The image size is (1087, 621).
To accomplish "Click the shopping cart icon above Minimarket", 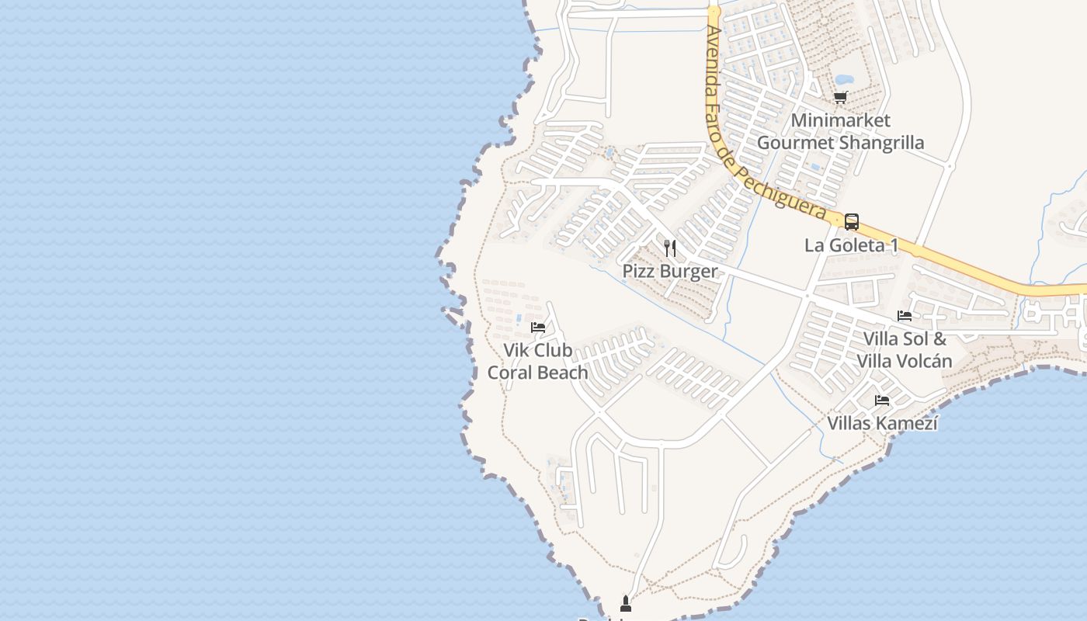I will coord(840,98).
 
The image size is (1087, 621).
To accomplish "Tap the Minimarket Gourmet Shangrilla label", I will coord(840,131).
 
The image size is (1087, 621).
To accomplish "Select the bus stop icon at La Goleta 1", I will coord(852,222).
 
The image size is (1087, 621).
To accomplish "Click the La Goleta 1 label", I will coord(851,245).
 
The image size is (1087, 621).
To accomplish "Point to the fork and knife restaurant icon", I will coord(670,248).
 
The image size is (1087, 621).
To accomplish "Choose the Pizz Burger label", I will coord(670,271).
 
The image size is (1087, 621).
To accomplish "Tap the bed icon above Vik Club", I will coord(537,328).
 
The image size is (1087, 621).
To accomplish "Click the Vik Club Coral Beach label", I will coord(537,362).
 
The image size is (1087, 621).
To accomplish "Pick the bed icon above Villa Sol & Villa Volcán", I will coord(905,316).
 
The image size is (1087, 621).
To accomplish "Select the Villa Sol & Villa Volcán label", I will coord(905,350).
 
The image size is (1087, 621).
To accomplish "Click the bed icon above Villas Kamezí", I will coord(882,401).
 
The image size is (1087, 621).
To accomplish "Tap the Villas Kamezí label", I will coord(882,423).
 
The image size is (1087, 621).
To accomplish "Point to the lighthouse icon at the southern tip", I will coord(626,603).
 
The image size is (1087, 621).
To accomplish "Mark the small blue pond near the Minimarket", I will coord(844,79).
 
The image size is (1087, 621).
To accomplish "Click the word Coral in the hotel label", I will coord(510,373).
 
